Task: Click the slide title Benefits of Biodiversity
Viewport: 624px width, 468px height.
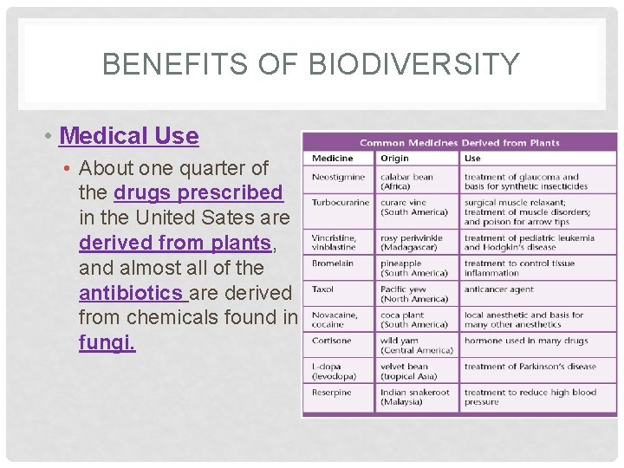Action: point(311,64)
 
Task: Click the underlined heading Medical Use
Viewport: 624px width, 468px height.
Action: point(129,136)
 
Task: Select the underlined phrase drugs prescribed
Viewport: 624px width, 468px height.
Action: point(198,192)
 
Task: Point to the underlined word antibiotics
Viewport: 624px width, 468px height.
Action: point(132,293)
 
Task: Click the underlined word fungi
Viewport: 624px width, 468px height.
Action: point(107,343)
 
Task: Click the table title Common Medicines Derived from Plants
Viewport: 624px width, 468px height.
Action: point(459,142)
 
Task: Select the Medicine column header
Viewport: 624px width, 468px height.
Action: point(333,159)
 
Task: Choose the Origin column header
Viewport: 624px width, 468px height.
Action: point(394,159)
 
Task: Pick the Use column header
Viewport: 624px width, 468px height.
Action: point(472,159)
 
